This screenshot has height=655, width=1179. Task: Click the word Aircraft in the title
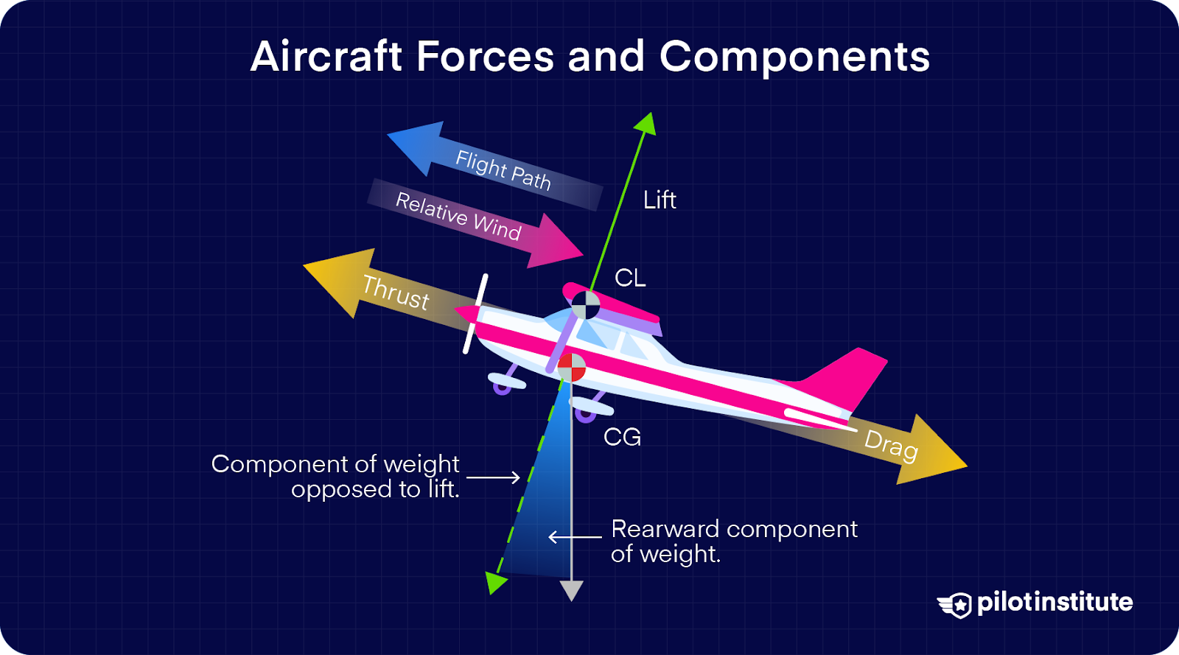pos(326,57)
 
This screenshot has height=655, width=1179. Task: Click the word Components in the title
pos(794,57)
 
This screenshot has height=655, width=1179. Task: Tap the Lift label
pos(660,200)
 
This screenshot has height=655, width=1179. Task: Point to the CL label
pos(630,278)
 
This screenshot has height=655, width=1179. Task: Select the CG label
pos(622,437)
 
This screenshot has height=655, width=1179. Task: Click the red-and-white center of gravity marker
pos(571,367)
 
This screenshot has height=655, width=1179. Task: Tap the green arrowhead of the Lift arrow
pos(646,123)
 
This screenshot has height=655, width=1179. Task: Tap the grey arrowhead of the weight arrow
pos(571,590)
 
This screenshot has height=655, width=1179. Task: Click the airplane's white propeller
pos(475,313)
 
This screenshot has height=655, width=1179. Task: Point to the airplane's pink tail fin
pos(847,376)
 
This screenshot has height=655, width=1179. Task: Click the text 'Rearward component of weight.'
pos(734,541)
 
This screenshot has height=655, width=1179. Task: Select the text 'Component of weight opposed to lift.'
pos(336,476)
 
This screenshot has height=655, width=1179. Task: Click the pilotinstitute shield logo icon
pos(956,605)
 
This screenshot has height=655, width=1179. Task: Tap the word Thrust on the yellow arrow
pos(395,293)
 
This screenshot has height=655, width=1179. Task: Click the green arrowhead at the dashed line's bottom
pos(496,583)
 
